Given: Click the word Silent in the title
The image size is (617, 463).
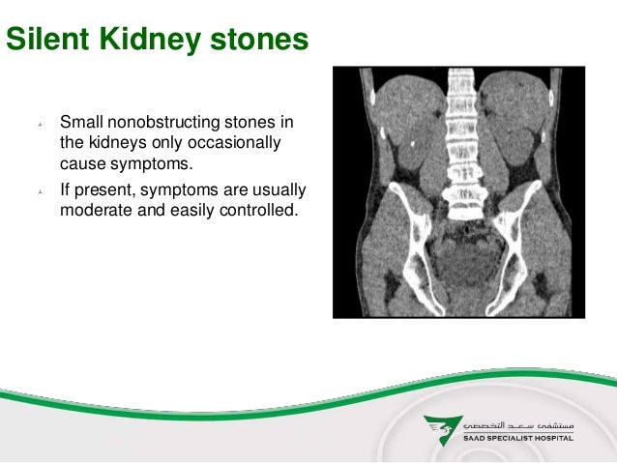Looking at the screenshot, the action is [x=47, y=39].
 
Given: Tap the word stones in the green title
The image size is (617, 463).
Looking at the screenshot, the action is [x=259, y=40].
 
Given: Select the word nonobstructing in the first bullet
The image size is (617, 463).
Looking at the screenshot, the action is [x=163, y=122].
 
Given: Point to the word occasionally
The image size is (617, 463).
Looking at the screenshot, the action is [x=234, y=142].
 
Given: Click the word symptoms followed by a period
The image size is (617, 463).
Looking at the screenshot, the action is [x=152, y=164].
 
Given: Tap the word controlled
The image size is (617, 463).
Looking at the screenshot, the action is [x=259, y=210].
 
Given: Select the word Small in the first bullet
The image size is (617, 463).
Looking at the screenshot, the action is [x=81, y=122].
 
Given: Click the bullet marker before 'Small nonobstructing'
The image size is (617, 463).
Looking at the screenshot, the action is [x=41, y=125].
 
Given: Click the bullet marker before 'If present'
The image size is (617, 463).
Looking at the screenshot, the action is [x=41, y=192].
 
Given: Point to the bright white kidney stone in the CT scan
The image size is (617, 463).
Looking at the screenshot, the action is [x=412, y=144].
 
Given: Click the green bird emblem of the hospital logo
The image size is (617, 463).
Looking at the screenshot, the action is [x=443, y=430].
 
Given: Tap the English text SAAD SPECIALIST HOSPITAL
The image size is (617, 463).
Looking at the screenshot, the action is [x=518, y=438].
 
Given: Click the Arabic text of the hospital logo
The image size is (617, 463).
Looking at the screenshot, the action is [x=518, y=426].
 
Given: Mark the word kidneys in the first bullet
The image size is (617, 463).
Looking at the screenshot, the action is [x=118, y=143].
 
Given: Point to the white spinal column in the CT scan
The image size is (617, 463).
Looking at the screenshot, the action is [x=462, y=144].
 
